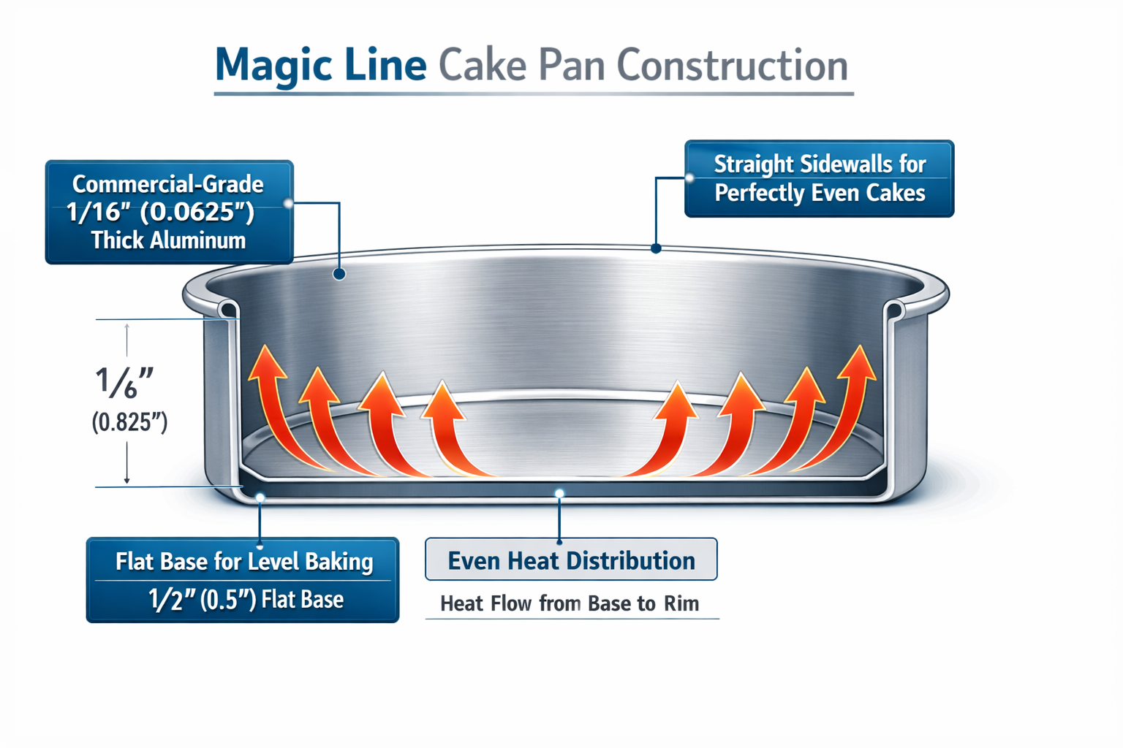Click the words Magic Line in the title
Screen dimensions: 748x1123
320,65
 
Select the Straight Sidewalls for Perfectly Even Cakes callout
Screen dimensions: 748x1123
819,178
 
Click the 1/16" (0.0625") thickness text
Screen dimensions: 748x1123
160,212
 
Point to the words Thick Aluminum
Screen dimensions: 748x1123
168,240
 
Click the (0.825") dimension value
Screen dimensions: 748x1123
129,422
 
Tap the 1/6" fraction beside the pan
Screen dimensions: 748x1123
124,383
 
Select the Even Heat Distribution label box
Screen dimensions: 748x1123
571,560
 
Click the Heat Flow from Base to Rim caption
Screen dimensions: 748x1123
570,603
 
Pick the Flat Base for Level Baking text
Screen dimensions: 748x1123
244,562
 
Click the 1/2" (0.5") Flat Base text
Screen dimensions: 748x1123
246,600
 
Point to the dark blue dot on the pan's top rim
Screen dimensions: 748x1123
656,248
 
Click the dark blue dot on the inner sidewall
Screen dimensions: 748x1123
339,274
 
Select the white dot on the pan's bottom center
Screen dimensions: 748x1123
559,494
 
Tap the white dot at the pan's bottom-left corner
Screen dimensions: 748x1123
260,497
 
